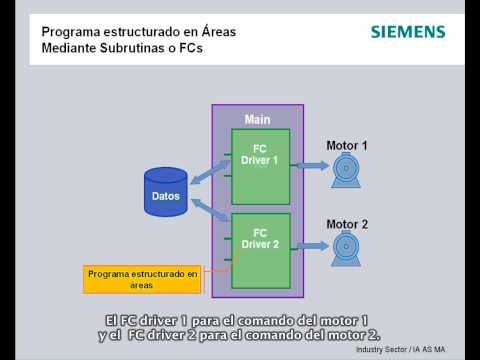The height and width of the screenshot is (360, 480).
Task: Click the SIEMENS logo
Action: click(x=408, y=32)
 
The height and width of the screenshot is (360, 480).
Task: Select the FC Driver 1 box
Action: click(x=261, y=166)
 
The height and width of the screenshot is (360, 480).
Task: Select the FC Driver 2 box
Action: click(x=261, y=250)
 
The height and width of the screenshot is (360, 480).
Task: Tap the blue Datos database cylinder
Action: click(x=165, y=194)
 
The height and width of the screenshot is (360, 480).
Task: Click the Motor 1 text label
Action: click(x=347, y=146)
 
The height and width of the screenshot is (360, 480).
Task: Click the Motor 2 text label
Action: click(x=347, y=223)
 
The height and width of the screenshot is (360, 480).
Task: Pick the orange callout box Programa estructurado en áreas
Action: click(x=144, y=277)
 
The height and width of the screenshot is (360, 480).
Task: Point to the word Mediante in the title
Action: click(x=71, y=47)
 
